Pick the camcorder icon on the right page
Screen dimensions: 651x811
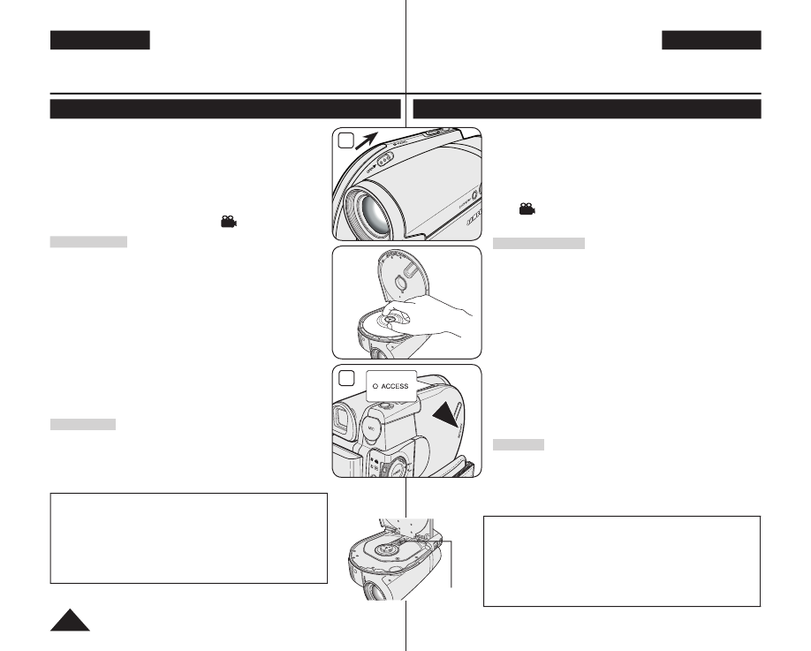[x=527, y=208]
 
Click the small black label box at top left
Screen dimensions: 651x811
[x=100, y=41]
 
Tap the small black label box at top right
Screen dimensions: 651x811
[x=711, y=41]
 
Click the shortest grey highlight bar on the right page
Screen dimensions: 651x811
[x=518, y=444]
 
